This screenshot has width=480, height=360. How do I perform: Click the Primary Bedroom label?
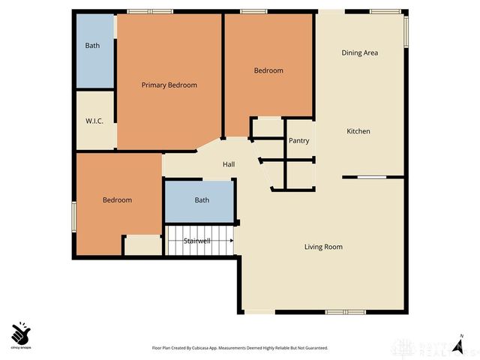(x=169, y=85)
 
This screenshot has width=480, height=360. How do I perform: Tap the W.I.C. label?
(x=94, y=121)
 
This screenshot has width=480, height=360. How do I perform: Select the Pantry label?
(x=298, y=141)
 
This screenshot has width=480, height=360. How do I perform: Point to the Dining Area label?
(x=359, y=52)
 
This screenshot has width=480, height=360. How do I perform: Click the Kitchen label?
(x=358, y=131)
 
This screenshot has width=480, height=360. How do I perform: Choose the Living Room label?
(x=323, y=247)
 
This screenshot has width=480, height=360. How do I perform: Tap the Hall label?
(x=229, y=164)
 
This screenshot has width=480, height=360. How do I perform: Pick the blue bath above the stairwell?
(x=202, y=200)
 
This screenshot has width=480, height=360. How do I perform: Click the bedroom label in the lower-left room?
(x=117, y=200)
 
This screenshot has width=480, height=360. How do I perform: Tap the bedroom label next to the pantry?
(x=268, y=70)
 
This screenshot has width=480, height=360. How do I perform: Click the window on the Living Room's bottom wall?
(x=345, y=312)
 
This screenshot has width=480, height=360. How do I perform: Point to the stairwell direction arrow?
(x=232, y=241)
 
